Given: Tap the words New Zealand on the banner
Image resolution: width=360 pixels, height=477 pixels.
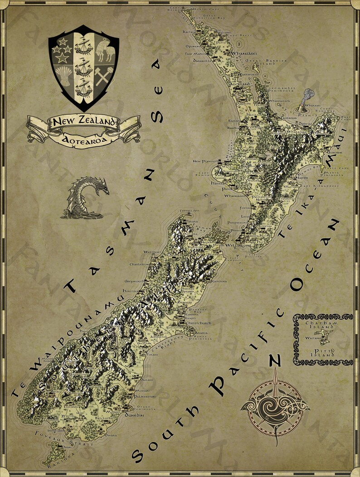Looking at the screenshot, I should tap(83, 122).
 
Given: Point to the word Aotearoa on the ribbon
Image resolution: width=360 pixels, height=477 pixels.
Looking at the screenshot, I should tap(83, 140).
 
